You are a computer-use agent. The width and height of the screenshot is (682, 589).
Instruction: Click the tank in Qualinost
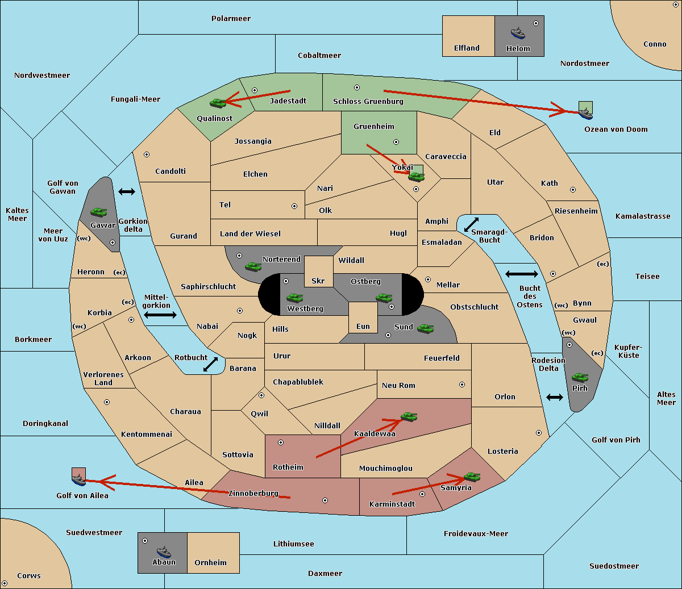click(x=218, y=103)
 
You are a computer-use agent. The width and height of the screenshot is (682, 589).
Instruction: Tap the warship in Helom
click(x=518, y=33)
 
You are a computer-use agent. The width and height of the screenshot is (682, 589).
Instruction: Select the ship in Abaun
click(x=164, y=552)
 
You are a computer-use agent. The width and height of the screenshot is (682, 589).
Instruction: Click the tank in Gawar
click(x=99, y=212)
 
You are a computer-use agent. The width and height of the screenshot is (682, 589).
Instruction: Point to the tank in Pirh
click(x=580, y=377)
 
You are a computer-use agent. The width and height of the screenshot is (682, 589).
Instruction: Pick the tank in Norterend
click(x=253, y=266)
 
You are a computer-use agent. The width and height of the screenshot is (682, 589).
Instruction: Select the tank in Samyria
click(x=472, y=477)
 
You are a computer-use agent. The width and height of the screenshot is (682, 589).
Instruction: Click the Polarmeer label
click(x=231, y=19)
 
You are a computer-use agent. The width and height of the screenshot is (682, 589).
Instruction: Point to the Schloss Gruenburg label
click(x=368, y=101)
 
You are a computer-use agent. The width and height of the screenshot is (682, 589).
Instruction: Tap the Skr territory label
click(x=318, y=281)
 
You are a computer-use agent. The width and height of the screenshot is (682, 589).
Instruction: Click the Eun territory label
click(x=363, y=326)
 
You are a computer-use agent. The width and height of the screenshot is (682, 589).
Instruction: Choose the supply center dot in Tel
click(x=294, y=206)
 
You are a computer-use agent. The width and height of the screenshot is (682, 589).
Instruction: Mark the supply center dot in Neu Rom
click(x=462, y=385)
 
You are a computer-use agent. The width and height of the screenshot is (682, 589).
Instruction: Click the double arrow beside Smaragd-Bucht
click(x=471, y=224)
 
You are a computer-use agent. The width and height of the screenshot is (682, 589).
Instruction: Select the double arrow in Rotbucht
click(x=210, y=365)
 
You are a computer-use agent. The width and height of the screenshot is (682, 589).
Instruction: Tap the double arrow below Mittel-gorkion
click(x=160, y=315)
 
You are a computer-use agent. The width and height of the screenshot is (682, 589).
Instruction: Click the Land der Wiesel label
click(x=250, y=233)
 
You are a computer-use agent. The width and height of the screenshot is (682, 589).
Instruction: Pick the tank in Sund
click(x=425, y=328)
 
